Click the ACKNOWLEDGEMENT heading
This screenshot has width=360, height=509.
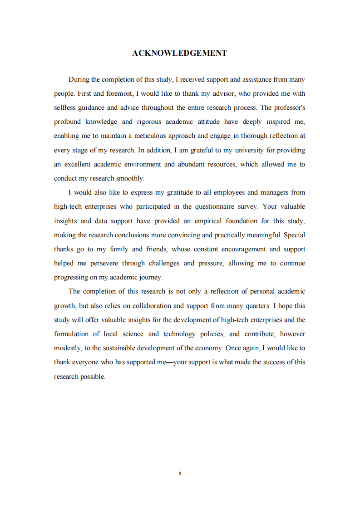pos(179,53)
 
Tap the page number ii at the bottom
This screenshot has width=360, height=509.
pos(180,473)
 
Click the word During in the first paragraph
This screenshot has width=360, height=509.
pos(79,79)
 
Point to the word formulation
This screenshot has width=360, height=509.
pos(71,334)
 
